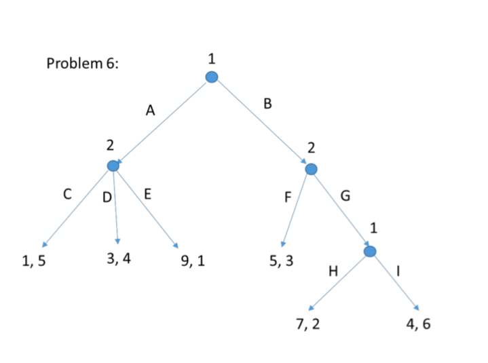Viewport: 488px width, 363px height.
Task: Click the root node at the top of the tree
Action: point(212,77)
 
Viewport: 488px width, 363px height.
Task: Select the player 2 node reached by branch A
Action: point(114,166)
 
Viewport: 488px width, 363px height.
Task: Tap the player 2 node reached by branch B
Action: point(311,168)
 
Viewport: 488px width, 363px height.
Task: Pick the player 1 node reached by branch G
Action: point(370,252)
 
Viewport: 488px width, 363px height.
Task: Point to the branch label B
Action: point(267,104)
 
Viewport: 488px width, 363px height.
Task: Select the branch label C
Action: point(67,194)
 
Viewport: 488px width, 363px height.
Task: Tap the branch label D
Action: point(107,198)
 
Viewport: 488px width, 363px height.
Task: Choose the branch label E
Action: point(147,195)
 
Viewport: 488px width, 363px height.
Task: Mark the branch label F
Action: point(288,199)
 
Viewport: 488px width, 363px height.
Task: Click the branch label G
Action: point(345,197)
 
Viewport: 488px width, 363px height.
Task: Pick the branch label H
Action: point(333,271)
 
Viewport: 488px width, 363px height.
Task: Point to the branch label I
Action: point(398,271)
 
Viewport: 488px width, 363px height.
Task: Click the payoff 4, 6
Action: point(417,324)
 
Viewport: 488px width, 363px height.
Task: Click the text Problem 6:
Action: point(83,64)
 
